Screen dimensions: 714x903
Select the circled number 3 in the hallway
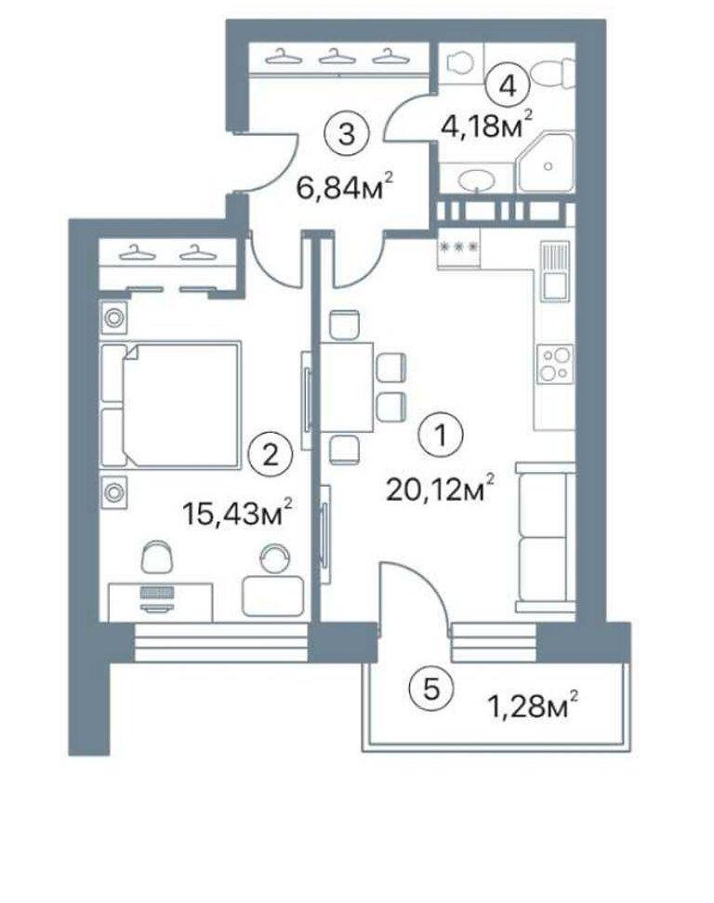click(347, 135)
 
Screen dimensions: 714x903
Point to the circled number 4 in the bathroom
click(507, 86)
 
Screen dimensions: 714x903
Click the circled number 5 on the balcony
click(430, 687)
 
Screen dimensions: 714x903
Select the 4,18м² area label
click(485, 126)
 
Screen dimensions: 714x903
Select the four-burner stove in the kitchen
click(555, 364)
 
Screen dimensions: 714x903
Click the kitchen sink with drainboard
click(554, 271)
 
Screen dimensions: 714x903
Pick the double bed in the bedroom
click(170, 404)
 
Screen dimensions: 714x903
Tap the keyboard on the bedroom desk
click(157, 593)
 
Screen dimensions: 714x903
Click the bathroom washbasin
click(476, 181)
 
